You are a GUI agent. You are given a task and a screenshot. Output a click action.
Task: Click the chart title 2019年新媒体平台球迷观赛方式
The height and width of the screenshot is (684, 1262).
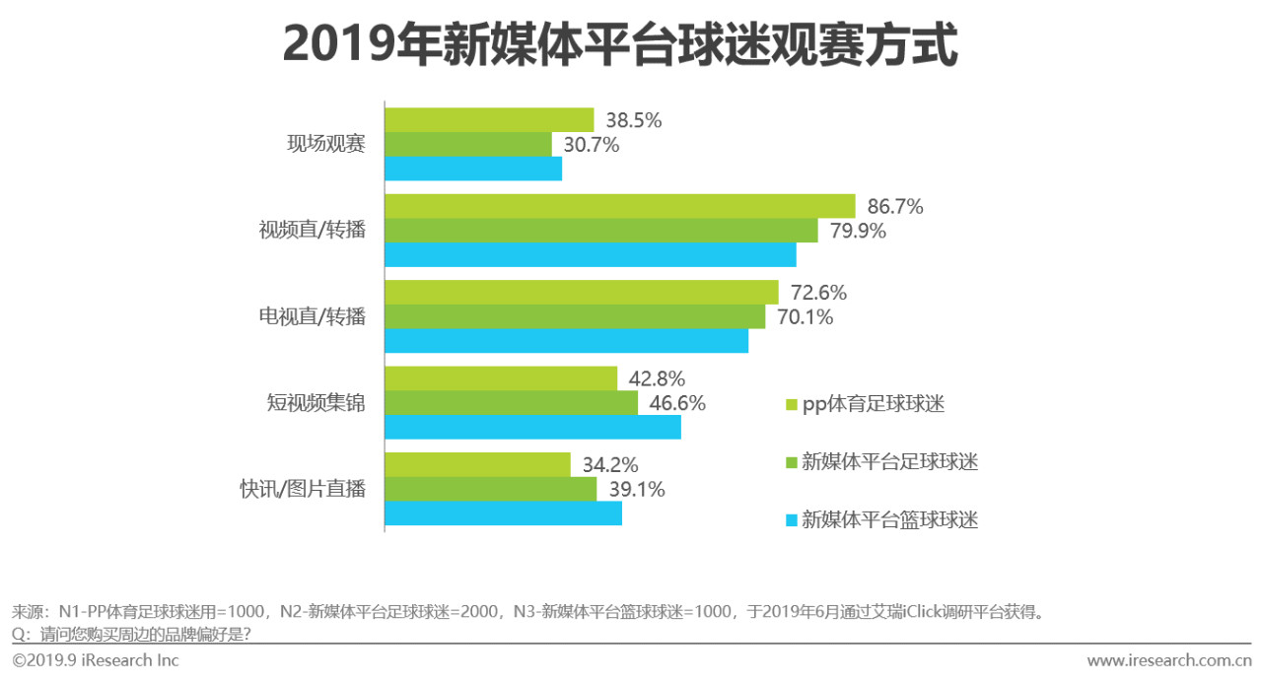click(x=620, y=45)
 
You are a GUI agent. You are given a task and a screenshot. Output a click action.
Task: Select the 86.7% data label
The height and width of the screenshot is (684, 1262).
click(x=894, y=207)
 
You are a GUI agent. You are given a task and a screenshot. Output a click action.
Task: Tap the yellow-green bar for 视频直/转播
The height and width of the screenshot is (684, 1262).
click(x=619, y=206)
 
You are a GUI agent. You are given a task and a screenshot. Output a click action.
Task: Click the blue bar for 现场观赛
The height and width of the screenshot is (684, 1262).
click(x=473, y=169)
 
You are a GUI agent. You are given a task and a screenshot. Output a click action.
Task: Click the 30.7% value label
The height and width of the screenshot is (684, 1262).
click(x=591, y=145)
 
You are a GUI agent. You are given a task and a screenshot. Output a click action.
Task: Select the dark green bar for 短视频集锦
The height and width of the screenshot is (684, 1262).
click(x=511, y=403)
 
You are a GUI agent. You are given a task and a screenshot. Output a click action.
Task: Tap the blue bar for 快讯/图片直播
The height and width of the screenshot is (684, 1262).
click(x=503, y=513)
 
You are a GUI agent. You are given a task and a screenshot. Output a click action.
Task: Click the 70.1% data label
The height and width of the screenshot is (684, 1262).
click(x=805, y=317)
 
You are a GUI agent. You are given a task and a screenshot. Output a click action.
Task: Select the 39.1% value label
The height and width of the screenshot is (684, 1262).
click(x=636, y=490)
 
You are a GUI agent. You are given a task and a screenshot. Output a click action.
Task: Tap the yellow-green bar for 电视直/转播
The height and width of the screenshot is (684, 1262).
click(x=581, y=292)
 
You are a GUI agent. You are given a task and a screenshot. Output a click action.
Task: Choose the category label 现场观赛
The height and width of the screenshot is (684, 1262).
click(x=326, y=144)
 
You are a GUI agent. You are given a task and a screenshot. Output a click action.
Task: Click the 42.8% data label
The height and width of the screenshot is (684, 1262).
click(x=656, y=379)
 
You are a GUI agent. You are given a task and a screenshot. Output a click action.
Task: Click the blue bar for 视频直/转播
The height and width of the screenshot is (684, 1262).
click(x=590, y=254)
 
